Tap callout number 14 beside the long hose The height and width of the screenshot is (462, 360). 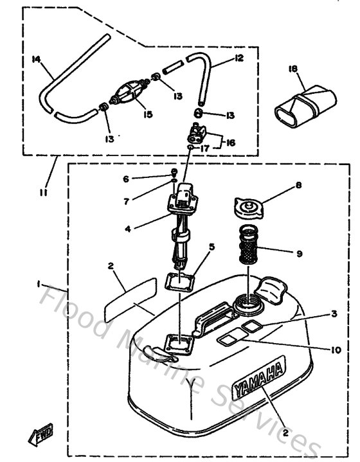[x=37, y=59]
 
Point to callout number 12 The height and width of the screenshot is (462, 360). [x=239, y=58]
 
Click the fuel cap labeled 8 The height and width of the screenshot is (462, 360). [x=247, y=209]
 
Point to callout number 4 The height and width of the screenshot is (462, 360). [x=129, y=227]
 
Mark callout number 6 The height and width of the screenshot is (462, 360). [x=127, y=179]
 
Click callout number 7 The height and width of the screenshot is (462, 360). [x=127, y=202]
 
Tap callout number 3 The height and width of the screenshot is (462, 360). [x=333, y=314]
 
